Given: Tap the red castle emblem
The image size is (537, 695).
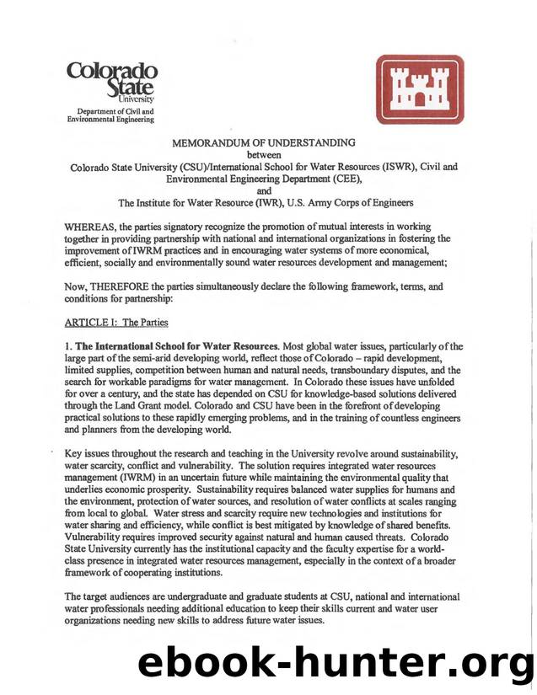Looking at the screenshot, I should pos(419,89).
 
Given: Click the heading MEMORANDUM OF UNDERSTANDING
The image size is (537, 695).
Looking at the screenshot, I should pos(263,143).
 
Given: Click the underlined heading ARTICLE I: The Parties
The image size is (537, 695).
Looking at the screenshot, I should pos(116,322).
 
